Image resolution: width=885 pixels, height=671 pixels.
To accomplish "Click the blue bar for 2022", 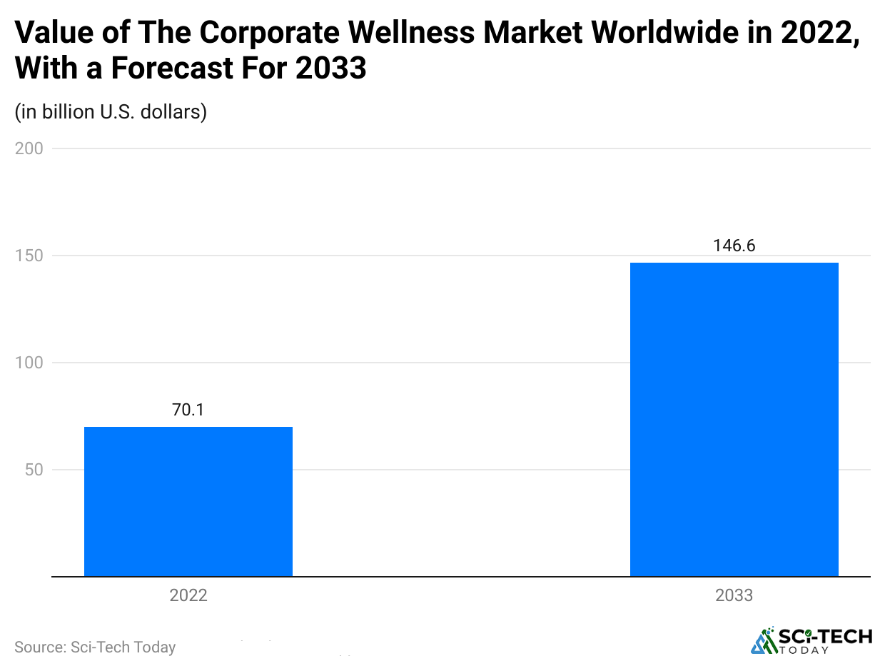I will click(188, 501).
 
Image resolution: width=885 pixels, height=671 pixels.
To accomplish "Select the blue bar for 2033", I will click(734, 420).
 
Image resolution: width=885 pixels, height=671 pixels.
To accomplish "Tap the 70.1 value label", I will click(188, 410).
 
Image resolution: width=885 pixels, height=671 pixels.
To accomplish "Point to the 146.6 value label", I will click(734, 246).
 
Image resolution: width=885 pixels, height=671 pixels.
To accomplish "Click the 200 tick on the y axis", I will click(29, 148).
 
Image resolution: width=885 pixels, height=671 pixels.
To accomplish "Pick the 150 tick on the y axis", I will click(29, 256).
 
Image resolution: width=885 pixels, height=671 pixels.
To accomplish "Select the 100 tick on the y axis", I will click(29, 363).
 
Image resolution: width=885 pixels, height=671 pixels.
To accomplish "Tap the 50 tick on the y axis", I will click(33, 470).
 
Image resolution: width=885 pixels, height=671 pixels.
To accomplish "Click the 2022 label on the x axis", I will click(188, 595).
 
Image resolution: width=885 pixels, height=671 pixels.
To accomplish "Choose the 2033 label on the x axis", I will click(734, 595).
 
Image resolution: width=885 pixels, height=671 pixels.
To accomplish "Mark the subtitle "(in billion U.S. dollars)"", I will click(111, 112).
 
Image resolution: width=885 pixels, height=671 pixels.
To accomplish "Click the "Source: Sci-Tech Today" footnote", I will click(95, 647).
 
